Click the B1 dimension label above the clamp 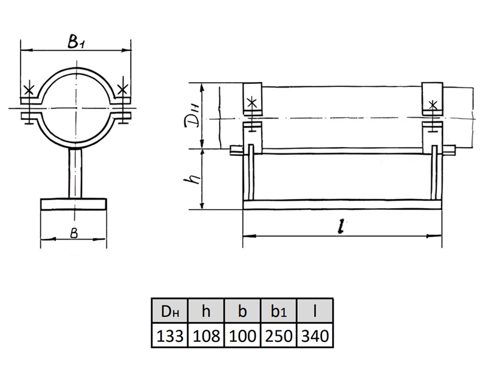pyautogui.click(x=75, y=42)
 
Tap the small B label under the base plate pyautogui.click(x=74, y=233)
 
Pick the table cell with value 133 pyautogui.click(x=170, y=336)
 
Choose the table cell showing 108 pyautogui.click(x=206, y=336)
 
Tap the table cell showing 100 pyautogui.click(x=242, y=336)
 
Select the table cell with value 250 pyautogui.click(x=279, y=336)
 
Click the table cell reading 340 pyautogui.click(x=315, y=336)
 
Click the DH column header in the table pyautogui.click(x=170, y=311)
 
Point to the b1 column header pyautogui.click(x=279, y=311)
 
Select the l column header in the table pyautogui.click(x=315, y=311)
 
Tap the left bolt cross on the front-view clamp pyautogui.click(x=29, y=89)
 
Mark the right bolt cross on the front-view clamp pyautogui.click(x=123, y=89)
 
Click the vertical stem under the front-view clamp pyautogui.click(x=75, y=173)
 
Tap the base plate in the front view pyautogui.click(x=74, y=204)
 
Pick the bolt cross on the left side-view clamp pyautogui.click(x=252, y=102)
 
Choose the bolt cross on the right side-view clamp pyautogui.click(x=433, y=105)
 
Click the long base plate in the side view pyautogui.click(x=342, y=204)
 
